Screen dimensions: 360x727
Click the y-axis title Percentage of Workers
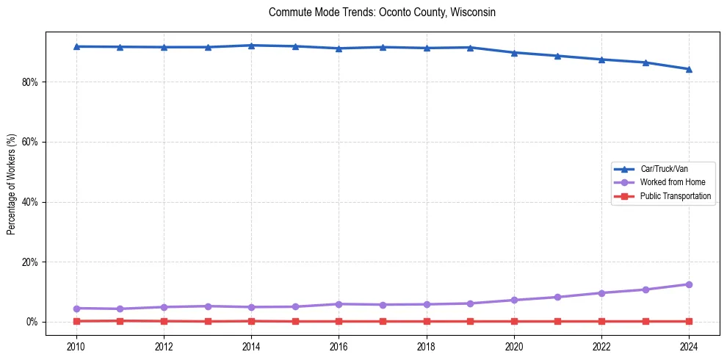[11, 184]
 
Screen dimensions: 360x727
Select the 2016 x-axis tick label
[339, 345]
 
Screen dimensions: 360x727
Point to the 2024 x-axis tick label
[689, 345]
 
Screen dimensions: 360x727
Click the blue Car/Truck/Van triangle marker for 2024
[689, 69]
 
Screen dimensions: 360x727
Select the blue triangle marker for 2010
[76, 46]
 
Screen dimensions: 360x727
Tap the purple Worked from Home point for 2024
[689, 284]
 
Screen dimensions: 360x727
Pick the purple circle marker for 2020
[514, 300]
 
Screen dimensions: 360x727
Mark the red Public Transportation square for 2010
[76, 321]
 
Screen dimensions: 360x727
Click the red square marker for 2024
[689, 321]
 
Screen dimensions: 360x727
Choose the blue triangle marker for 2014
[251, 46]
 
